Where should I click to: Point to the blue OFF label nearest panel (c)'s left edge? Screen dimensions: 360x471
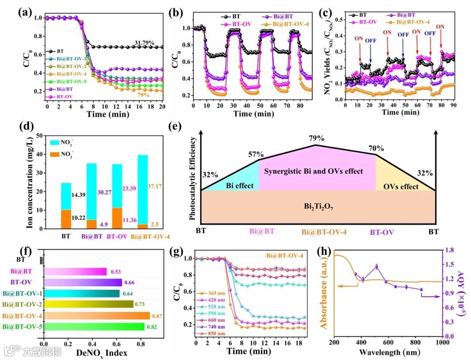click(x=371, y=41)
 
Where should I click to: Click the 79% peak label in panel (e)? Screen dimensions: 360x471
click(x=317, y=138)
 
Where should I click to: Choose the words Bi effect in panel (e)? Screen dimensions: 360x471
click(x=239, y=185)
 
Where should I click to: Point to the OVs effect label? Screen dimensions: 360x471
click(x=401, y=186)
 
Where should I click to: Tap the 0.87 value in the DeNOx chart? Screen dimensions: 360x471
click(x=157, y=315)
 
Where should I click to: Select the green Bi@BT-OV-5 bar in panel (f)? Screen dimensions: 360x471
click(x=94, y=326)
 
